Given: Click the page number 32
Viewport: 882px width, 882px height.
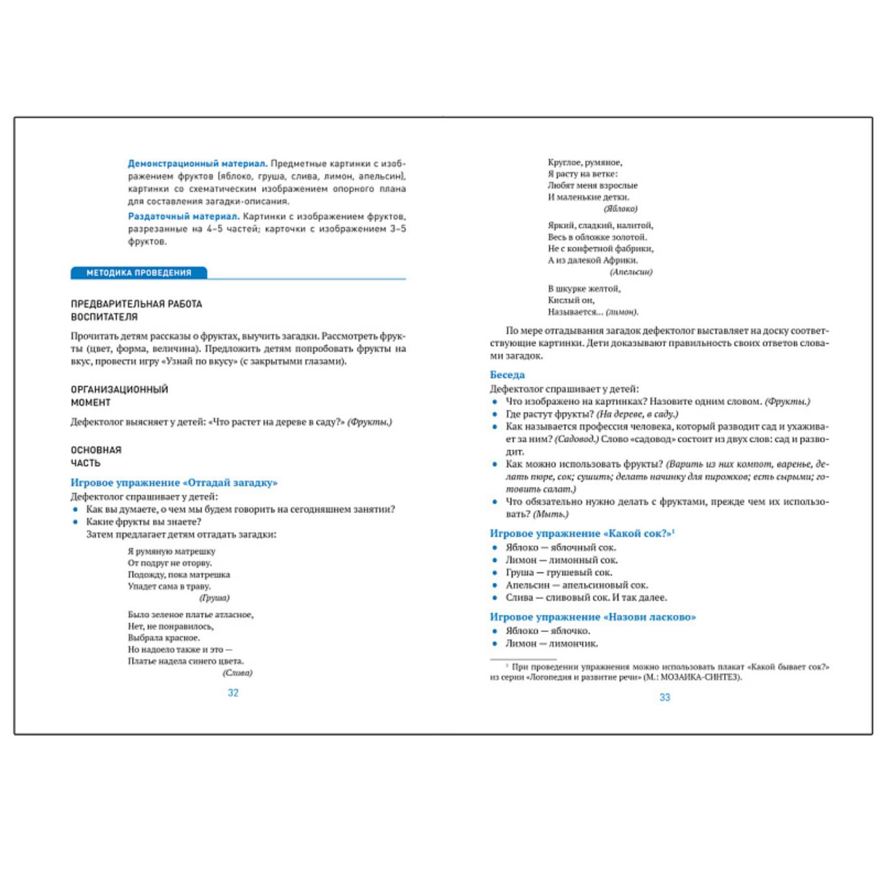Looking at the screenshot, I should point(233,693).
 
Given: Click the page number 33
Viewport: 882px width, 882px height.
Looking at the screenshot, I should point(665,697).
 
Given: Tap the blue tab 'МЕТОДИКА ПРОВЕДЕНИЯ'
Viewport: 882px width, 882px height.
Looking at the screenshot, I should point(139,273).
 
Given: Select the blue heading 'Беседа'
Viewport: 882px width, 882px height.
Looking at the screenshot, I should point(507,375).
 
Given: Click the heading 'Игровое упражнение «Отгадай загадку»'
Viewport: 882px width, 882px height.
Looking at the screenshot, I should point(174,483).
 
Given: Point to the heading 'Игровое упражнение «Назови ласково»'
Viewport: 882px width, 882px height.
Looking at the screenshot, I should point(593,617).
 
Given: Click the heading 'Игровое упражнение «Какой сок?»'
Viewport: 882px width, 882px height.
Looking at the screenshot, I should point(582,533).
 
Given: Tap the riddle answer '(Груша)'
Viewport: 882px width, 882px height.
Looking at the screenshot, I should point(214,598).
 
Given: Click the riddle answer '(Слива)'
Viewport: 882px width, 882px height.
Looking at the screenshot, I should point(238,673).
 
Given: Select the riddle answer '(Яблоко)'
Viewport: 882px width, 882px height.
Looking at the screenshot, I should point(621,209).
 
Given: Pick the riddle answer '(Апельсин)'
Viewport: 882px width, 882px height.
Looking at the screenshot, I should point(631,272).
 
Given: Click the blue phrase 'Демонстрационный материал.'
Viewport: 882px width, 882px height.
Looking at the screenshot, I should point(197,164).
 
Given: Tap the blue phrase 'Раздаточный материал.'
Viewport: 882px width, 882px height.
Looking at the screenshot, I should point(184,217).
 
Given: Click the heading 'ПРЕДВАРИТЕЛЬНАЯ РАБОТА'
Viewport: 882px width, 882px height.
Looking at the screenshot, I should point(137,304).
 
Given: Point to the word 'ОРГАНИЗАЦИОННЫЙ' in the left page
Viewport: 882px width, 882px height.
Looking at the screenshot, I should point(120,390).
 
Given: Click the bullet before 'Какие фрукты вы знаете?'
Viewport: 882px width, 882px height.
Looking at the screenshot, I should point(76,522).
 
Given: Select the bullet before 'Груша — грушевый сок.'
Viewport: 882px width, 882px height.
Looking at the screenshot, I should point(494,573).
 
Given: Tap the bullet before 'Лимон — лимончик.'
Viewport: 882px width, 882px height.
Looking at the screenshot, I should point(494,644).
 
